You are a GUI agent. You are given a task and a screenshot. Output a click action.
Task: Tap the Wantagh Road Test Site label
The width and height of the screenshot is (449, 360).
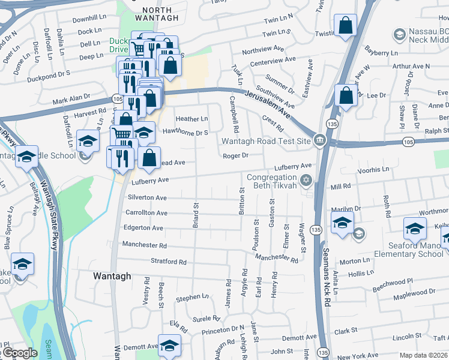(266, 142)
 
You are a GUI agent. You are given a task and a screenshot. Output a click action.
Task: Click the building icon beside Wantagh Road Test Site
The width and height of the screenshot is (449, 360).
(319, 141)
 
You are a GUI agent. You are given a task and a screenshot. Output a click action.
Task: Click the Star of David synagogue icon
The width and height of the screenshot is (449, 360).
(306, 179)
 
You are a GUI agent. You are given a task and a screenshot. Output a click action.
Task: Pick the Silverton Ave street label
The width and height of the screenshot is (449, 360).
(147, 197)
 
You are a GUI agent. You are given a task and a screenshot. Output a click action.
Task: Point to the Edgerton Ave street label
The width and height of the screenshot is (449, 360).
(143, 229)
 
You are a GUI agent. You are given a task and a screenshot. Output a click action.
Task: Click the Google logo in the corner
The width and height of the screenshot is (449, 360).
(19, 353)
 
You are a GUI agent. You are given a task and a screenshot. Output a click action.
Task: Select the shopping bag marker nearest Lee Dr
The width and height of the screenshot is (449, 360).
(346, 95)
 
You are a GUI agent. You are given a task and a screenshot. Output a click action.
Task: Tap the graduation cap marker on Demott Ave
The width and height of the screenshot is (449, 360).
(169, 345)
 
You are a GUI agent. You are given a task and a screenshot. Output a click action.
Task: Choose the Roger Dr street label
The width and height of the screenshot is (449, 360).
(235, 155)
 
